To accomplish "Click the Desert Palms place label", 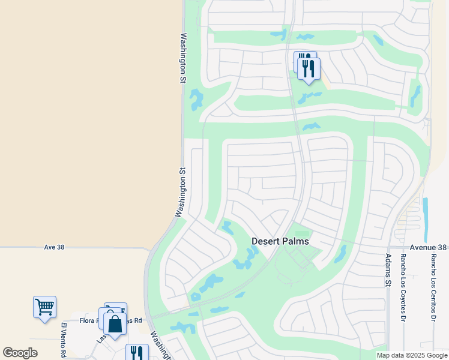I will pos(280,241).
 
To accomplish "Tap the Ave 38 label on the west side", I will pos(54,247).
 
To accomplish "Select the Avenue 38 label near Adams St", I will pos(429,247).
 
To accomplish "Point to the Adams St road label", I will pos(388,269).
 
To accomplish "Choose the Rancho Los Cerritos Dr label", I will pos(433,287).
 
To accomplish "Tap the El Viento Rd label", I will pos(63,340).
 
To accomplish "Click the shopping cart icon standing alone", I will pos(44,307).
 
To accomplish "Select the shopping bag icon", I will pos(115,325).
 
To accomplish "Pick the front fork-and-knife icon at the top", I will pos(309,68).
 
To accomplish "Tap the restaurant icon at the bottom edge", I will pos(137,353).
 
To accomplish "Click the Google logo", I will pos(20,353).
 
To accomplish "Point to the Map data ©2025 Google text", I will pos(411,355).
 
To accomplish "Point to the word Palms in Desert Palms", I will pos(295,241).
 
